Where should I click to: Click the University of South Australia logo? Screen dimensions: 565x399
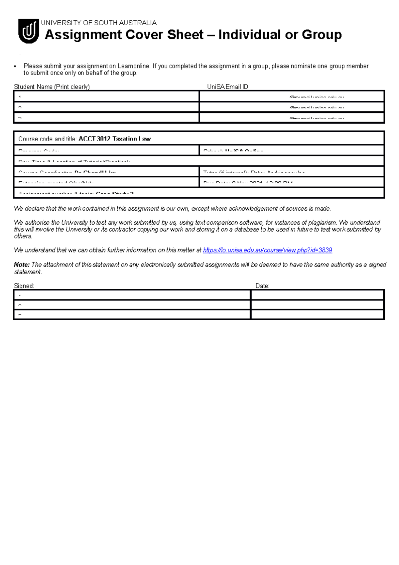29,31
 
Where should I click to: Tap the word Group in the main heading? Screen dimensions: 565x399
322,35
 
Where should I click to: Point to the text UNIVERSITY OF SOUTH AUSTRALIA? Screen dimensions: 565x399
99,23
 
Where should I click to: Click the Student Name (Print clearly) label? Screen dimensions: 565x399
52,87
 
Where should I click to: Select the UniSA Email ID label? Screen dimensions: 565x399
227,87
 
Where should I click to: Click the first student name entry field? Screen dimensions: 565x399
106,96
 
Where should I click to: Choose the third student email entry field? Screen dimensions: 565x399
292,118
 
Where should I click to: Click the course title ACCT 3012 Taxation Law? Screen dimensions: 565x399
114,139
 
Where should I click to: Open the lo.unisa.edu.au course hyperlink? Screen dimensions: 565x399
267,250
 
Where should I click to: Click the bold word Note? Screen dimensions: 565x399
22,265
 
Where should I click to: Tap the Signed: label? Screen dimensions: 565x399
24,286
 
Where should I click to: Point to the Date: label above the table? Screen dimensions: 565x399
262,286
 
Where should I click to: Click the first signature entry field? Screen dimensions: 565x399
132,295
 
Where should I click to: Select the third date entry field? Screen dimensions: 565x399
317,314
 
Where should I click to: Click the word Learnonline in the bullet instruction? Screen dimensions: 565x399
133,66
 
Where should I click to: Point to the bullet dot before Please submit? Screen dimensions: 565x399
15,66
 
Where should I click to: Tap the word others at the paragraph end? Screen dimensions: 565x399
23,236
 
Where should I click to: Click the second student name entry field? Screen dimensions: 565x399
106,107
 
